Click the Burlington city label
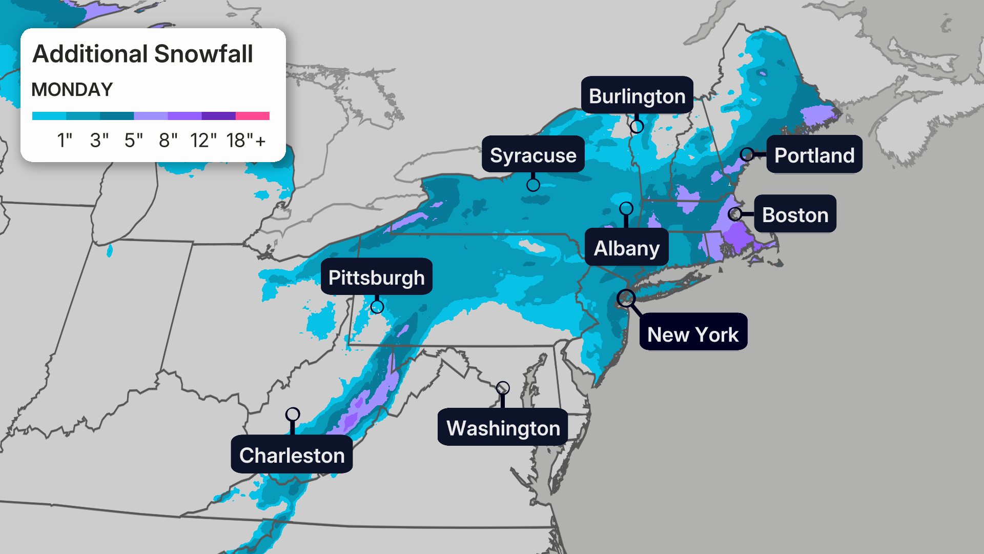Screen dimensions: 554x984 637,96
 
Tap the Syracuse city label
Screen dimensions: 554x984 533,155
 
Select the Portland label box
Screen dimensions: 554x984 814,155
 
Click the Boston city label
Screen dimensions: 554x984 795,214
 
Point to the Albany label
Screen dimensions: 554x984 626,248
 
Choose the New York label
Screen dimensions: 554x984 693,334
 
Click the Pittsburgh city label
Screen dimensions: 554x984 376,277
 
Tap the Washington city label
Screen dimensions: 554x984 503,427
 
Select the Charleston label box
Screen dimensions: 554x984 292,455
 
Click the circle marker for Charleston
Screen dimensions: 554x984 293,414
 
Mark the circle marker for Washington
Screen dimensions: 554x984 503,388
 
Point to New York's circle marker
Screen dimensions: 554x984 626,298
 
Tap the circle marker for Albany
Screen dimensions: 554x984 626,208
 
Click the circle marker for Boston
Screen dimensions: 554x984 735,214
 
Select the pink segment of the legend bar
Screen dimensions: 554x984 253,116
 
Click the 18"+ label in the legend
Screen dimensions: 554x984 245,141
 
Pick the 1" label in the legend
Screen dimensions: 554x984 65,141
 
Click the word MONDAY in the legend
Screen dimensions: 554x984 72,90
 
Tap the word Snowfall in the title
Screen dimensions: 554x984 203,54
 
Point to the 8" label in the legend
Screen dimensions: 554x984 168,141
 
